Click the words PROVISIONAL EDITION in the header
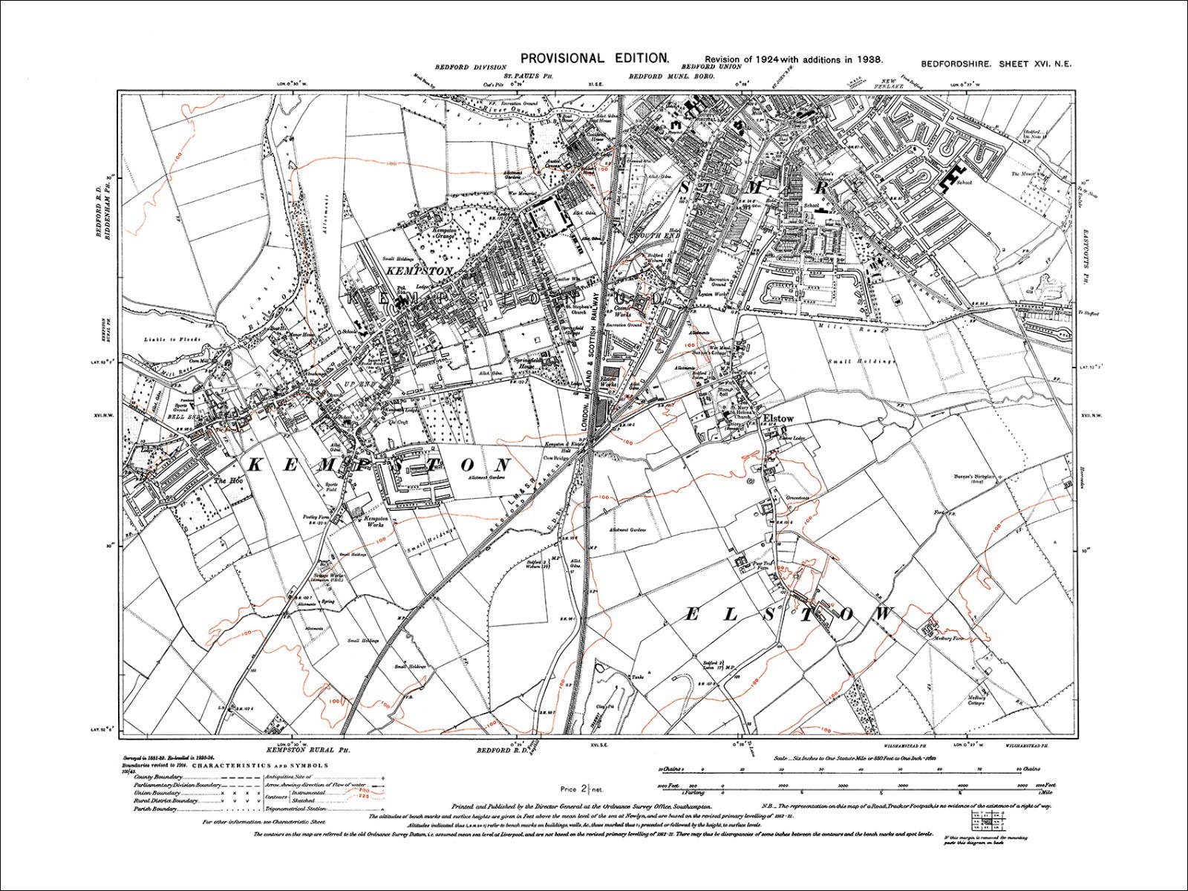[x=595, y=58]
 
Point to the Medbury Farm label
[x=947, y=638]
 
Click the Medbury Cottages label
[x=976, y=700]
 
